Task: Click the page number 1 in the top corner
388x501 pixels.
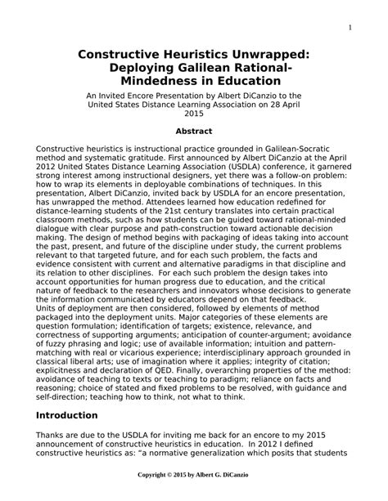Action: [350, 29]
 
